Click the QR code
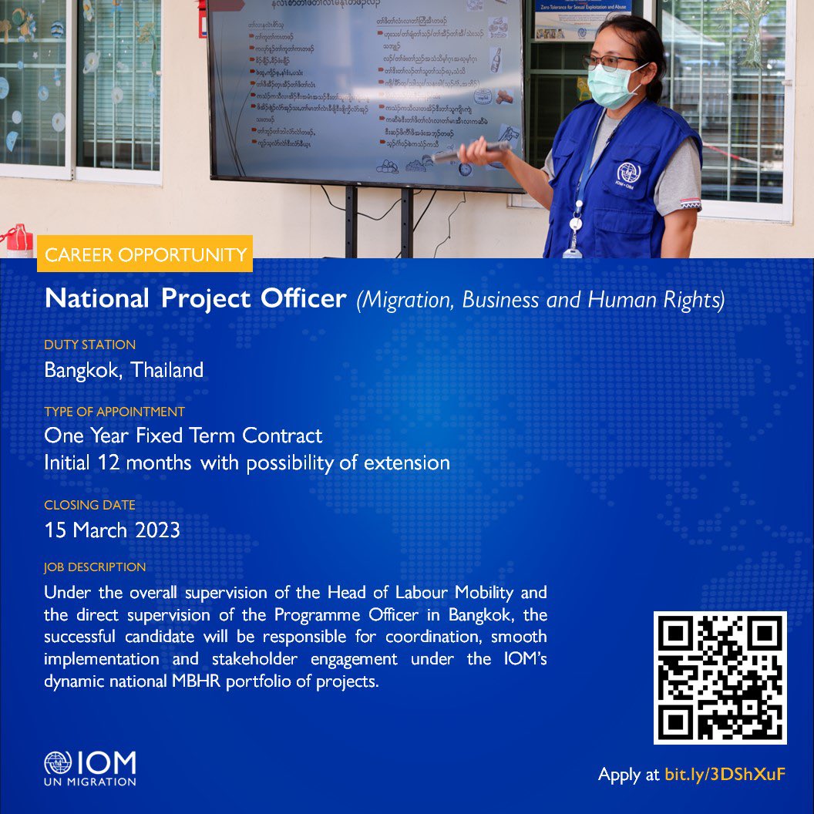pyautogui.click(x=720, y=678)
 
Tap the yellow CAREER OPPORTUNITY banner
pyautogui.click(x=145, y=254)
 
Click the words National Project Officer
pyautogui.click(x=195, y=299)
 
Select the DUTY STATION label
pyautogui.click(x=89, y=345)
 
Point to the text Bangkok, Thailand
pyautogui.click(x=124, y=370)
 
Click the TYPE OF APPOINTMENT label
pyautogui.click(x=114, y=412)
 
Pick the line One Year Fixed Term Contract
pyautogui.click(x=183, y=436)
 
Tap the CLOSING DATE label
pyautogui.click(x=89, y=506)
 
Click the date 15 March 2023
pyautogui.click(x=113, y=530)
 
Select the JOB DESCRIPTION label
pyautogui.click(x=95, y=567)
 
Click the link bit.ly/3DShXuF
pyautogui.click(x=725, y=775)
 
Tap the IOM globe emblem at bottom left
pyautogui.click(x=57, y=764)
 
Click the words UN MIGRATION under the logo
pyautogui.click(x=90, y=782)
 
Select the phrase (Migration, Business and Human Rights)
pyautogui.click(x=540, y=300)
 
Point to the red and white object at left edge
pyautogui.click(x=17, y=240)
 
